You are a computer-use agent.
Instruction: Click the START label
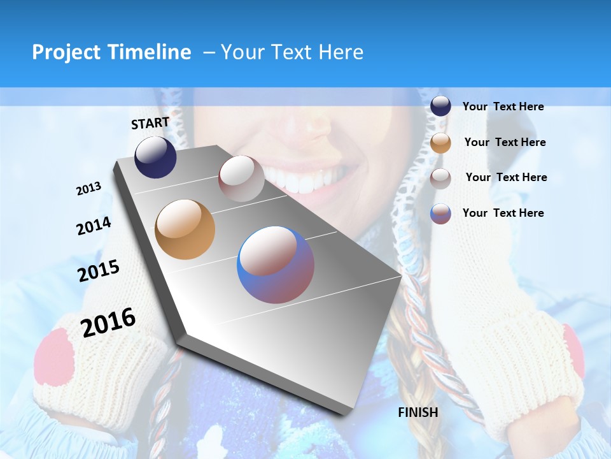(150, 123)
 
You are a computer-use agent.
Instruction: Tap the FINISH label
(418, 412)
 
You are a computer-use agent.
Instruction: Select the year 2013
(88, 189)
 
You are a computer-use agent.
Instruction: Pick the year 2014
(94, 226)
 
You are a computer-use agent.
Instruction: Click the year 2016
(108, 322)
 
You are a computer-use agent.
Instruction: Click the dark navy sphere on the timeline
(155, 157)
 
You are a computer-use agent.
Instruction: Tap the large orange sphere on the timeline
(185, 229)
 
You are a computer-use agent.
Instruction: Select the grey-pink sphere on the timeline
(241, 178)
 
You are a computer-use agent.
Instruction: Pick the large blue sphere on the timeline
(276, 265)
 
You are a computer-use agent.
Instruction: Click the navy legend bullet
(440, 106)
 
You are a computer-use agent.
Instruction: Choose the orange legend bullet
(440, 142)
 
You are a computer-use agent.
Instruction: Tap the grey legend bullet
(440, 178)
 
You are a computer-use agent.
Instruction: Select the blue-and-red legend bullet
(440, 214)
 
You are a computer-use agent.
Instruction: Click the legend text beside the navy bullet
(503, 106)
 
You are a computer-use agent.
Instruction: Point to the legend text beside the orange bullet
(505, 142)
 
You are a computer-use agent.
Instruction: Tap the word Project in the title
(64, 52)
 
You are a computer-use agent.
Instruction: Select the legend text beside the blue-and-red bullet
(503, 213)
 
